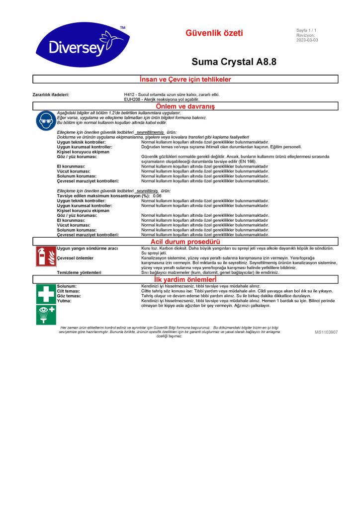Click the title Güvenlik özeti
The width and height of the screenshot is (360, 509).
(x=214, y=33)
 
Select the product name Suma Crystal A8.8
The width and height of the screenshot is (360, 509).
(x=234, y=62)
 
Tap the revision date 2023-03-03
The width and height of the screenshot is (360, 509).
(x=307, y=40)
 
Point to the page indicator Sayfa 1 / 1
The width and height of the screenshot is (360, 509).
(x=306, y=30)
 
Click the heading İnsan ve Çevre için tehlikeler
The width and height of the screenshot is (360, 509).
(x=185, y=79)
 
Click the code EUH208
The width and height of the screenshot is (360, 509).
(x=132, y=99)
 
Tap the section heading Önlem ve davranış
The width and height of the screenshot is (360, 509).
(x=185, y=106)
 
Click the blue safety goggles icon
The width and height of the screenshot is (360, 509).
(x=46, y=121)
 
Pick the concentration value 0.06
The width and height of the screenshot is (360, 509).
(x=157, y=196)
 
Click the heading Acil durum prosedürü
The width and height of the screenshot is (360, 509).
(x=185, y=242)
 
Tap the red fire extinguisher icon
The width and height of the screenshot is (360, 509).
(x=46, y=255)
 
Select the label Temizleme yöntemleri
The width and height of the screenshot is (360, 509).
(x=79, y=272)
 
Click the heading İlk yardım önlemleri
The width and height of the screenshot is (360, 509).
(x=185, y=280)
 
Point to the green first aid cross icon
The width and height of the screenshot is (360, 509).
(x=46, y=294)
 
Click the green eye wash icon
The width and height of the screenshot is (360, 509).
(x=46, y=314)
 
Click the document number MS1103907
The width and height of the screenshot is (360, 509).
(x=326, y=332)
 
